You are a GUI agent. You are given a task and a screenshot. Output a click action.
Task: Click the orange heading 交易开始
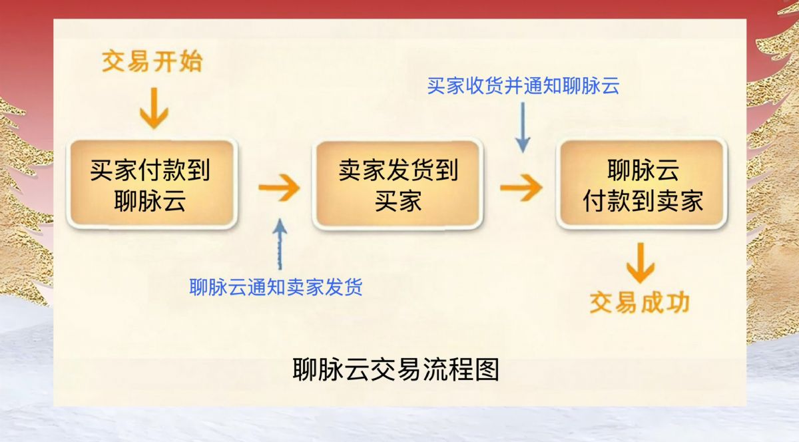tap(152, 61)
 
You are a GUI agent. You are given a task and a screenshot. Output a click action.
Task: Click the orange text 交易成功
tap(640, 303)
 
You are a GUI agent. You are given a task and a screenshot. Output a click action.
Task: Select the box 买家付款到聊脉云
tap(152, 184)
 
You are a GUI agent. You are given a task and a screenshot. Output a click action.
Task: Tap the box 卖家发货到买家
tap(398, 184)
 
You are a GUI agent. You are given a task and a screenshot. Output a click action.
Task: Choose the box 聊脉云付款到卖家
tap(642, 184)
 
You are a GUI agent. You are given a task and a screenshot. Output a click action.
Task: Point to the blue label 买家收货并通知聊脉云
tap(523, 86)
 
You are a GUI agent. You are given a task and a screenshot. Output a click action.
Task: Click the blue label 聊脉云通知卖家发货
tap(276, 287)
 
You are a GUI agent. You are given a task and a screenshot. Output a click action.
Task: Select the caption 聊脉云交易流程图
tap(396, 369)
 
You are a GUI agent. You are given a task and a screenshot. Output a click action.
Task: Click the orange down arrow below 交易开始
tap(154, 108)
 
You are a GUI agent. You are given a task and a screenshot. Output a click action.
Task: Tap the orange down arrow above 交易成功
tap(641, 264)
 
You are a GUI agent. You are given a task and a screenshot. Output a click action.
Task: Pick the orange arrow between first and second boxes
tap(279, 188)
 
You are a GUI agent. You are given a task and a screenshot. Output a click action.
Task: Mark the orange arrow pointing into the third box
tap(521, 188)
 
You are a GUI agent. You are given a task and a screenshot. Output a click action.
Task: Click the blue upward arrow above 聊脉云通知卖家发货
tap(280, 244)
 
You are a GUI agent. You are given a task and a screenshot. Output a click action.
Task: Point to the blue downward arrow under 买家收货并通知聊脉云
tap(523, 127)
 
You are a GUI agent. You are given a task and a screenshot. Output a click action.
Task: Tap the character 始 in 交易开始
tap(191, 61)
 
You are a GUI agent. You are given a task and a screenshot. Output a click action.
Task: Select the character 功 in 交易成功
tap(678, 303)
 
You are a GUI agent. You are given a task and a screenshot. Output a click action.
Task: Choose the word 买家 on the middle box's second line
tap(398, 201)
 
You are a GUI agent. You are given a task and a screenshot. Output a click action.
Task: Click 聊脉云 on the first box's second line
tap(150, 201)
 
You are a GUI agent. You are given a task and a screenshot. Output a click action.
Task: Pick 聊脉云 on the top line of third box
tap(643, 170)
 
